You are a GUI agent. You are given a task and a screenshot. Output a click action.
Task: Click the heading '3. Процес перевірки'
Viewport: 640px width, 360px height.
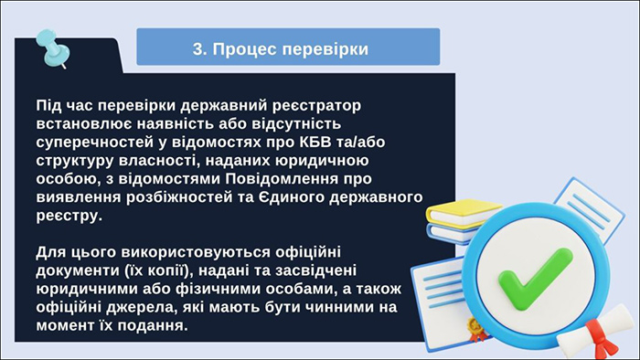pos(288,48)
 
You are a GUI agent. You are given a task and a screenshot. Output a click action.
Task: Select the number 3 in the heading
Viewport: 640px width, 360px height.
pos(198,48)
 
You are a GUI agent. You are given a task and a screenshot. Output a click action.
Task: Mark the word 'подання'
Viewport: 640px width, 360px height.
pos(151,324)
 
